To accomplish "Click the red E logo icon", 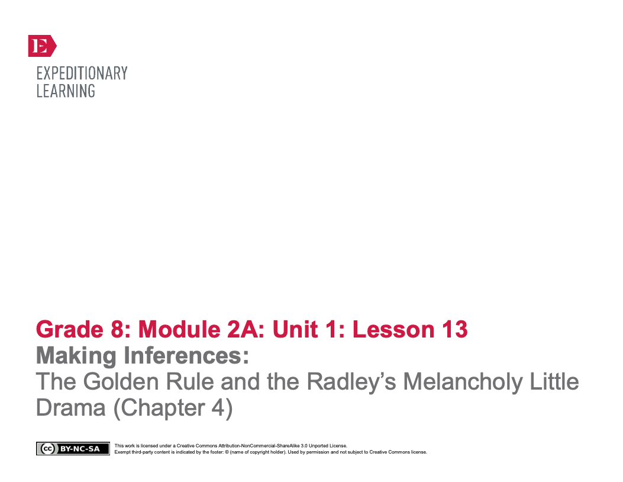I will pyautogui.click(x=42, y=46).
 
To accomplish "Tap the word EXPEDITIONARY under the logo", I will pyautogui.click(x=82, y=73).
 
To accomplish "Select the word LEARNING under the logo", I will pyautogui.click(x=66, y=91).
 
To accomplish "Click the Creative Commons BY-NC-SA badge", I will pyautogui.click(x=73, y=449).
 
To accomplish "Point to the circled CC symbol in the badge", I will pyautogui.click(x=45, y=449).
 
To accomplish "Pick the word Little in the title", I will pyautogui.click(x=554, y=383).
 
